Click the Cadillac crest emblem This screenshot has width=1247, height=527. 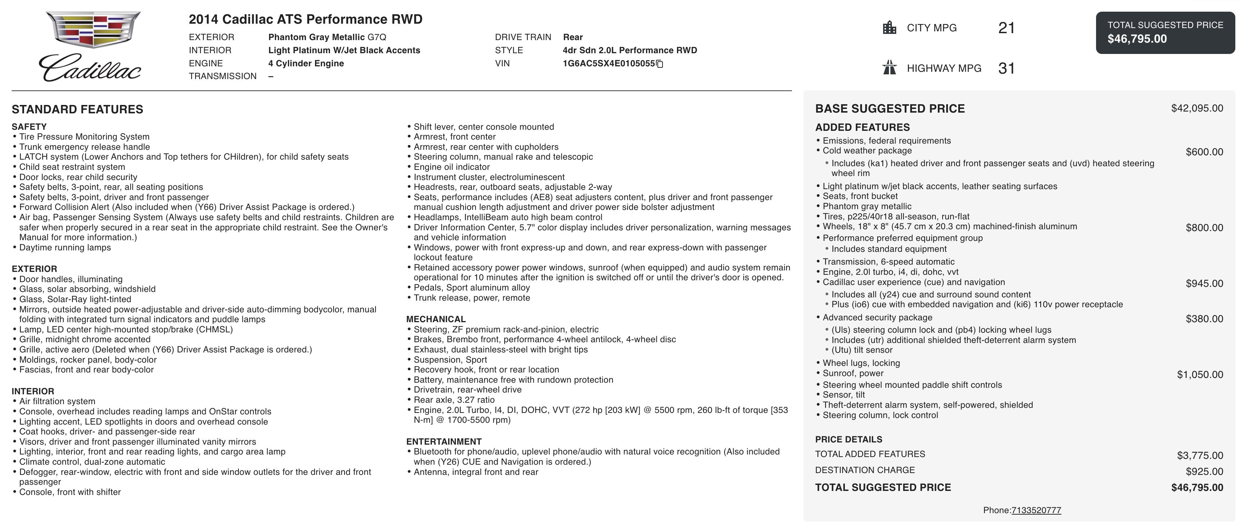[x=93, y=30]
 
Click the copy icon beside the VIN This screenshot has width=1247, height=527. [x=659, y=64]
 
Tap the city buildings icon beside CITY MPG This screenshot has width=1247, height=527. [x=889, y=28]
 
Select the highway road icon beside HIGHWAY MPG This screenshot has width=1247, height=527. [x=889, y=68]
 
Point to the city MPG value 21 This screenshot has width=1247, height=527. [x=1006, y=28]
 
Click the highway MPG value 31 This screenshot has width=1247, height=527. [x=1006, y=68]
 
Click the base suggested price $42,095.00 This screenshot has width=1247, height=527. [x=1197, y=108]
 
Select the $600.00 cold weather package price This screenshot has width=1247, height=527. [x=1204, y=152]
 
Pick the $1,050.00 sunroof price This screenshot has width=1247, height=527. [x=1200, y=375]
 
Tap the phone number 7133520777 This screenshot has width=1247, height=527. [x=1036, y=510]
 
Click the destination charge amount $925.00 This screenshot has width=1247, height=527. [x=1204, y=471]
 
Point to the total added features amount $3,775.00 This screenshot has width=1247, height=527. [x=1200, y=455]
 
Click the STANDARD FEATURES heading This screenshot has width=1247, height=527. [x=77, y=109]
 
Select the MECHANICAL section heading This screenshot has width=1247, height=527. [x=436, y=319]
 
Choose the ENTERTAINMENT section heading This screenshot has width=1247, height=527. [x=443, y=441]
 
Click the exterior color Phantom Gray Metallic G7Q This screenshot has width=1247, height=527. [x=327, y=37]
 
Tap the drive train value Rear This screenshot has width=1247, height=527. [x=573, y=37]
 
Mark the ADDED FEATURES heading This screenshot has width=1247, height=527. [x=862, y=127]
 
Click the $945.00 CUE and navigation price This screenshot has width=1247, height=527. [x=1204, y=284]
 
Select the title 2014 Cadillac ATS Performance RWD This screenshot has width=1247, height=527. [x=306, y=19]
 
